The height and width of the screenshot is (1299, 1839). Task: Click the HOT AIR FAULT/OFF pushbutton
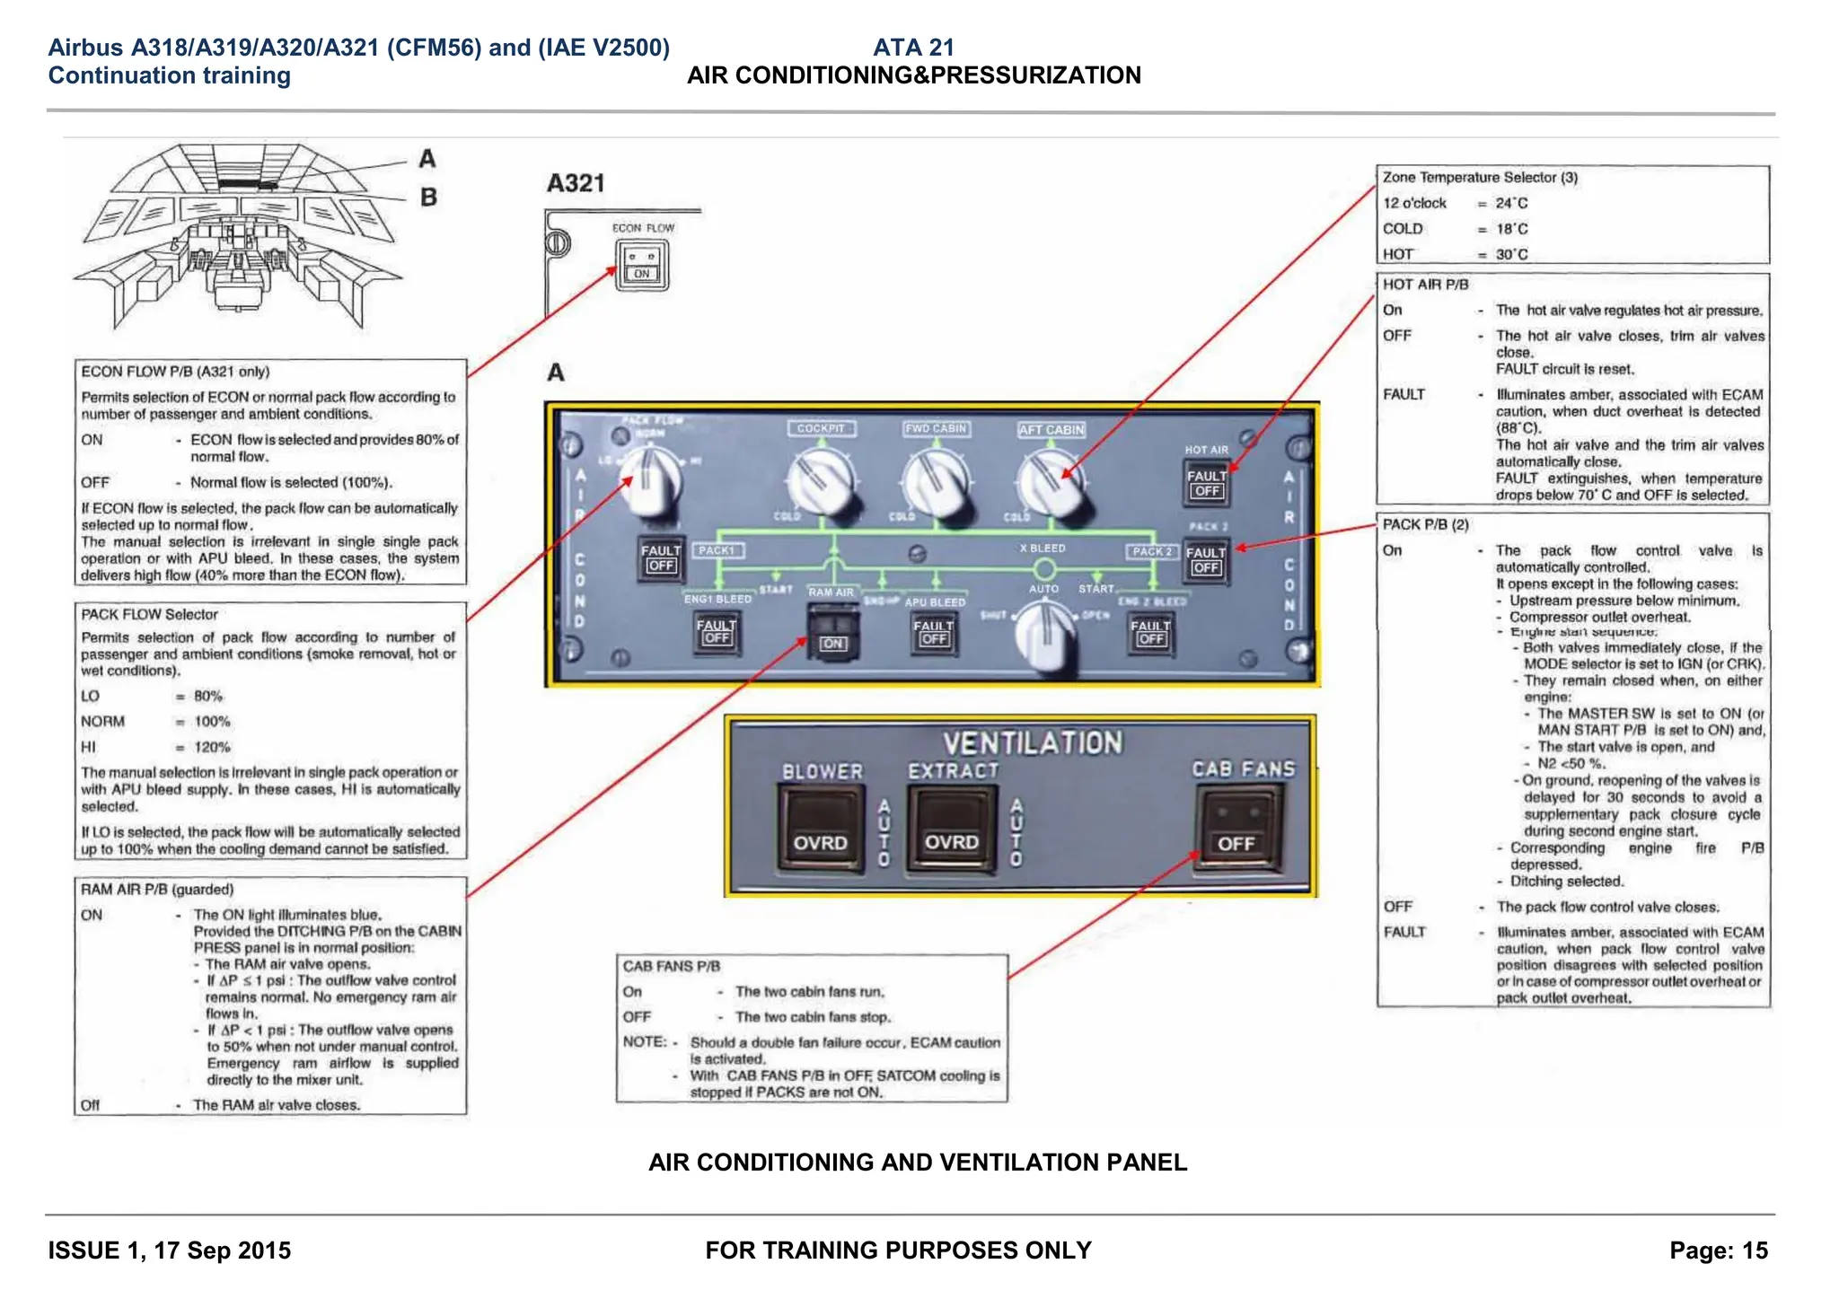click(x=1206, y=483)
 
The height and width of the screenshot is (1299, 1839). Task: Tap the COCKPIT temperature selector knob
click(x=819, y=482)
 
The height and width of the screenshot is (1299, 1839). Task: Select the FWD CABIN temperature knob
click(x=935, y=482)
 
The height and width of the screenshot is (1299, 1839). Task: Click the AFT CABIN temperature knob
click(x=1049, y=482)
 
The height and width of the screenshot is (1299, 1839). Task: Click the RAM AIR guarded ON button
click(x=832, y=632)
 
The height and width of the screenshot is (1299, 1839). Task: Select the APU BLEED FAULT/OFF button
click(x=934, y=632)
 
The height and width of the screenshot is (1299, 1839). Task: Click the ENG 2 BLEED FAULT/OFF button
click(x=1150, y=632)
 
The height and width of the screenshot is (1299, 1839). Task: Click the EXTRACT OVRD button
click(x=951, y=829)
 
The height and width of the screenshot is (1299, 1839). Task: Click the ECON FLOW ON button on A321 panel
click(x=642, y=266)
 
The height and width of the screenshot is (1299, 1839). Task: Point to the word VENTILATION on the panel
click(x=1032, y=743)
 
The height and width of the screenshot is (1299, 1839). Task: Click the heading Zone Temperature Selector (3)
click(x=1480, y=178)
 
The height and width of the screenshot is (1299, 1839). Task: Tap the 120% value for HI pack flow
click(x=212, y=747)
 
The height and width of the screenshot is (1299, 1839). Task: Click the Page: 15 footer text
click(x=1718, y=1251)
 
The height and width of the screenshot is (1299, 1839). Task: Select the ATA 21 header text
click(x=913, y=48)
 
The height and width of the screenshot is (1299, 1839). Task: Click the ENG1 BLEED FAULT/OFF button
click(x=717, y=632)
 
